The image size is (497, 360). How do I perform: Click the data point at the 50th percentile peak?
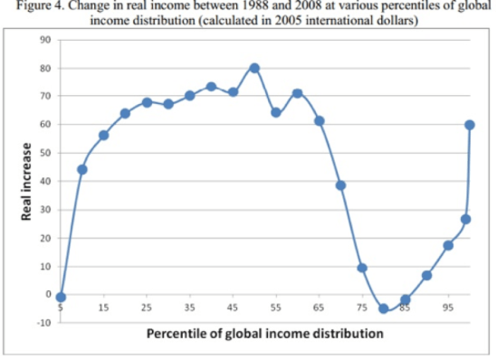[x=254, y=68]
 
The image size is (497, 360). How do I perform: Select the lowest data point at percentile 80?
[x=384, y=308]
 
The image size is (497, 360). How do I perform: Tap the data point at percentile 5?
[x=61, y=297]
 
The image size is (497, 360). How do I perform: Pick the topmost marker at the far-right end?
[x=470, y=125]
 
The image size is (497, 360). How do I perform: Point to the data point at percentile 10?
[x=82, y=169]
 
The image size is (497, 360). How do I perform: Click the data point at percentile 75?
[x=362, y=268]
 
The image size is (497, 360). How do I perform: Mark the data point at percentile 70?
[x=340, y=185]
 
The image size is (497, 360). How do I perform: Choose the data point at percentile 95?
[x=448, y=245]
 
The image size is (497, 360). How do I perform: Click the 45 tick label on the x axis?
[x=233, y=308]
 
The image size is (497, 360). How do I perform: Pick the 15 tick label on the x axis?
[x=103, y=308]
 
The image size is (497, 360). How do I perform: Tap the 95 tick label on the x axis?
[x=447, y=308]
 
